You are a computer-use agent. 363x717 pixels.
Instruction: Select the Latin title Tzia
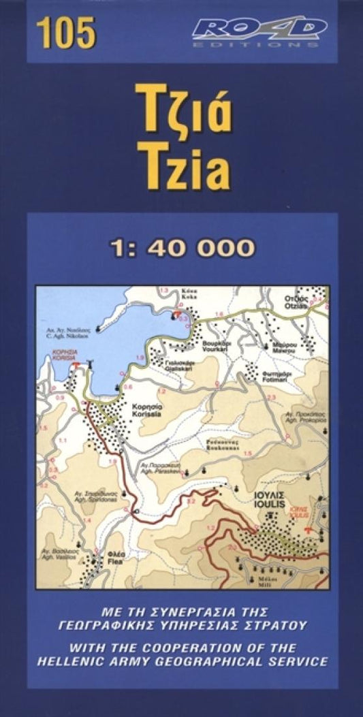pos(182,166)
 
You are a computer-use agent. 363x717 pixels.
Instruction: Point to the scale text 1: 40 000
pos(182,247)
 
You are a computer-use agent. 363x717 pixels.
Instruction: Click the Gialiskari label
pos(179,364)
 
